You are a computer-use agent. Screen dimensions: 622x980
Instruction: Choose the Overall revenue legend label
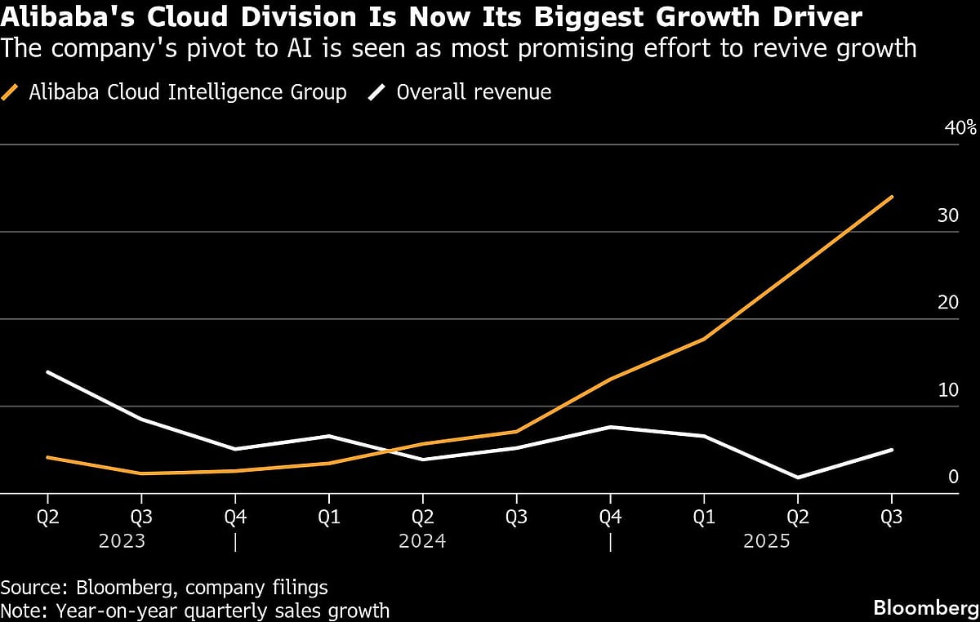click(474, 92)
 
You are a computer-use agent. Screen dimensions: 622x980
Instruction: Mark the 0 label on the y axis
click(952, 477)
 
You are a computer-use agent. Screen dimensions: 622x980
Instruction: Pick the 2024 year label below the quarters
click(422, 541)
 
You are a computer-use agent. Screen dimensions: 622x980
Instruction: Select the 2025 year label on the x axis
click(767, 541)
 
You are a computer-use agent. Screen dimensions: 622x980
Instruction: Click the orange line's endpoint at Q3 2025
click(892, 197)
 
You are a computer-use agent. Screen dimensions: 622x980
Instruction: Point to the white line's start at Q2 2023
click(47, 372)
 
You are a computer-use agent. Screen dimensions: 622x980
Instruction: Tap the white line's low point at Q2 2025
click(798, 478)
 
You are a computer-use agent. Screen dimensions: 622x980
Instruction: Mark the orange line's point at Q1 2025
click(704, 339)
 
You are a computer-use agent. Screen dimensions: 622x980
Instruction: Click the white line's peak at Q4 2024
click(610, 427)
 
